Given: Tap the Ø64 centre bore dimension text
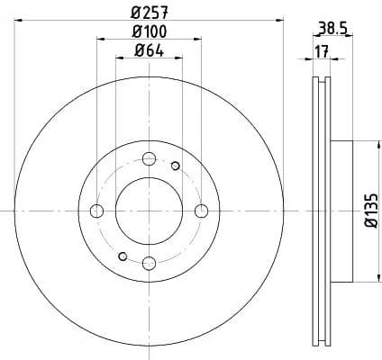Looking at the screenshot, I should pyautogui.click(x=150, y=50).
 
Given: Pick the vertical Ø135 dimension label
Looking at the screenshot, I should pyautogui.click(x=368, y=210).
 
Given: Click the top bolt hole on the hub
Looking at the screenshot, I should pyautogui.click(x=150, y=159).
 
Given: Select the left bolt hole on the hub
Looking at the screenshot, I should pyautogui.click(x=98, y=211).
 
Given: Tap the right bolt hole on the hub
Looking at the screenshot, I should pyautogui.click(x=201, y=211).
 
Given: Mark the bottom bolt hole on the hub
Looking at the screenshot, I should pyautogui.click(x=150, y=262).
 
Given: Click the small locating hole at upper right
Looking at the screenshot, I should pyautogui.click(x=176, y=165).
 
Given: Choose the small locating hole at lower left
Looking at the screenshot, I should pyautogui.click(x=123, y=256).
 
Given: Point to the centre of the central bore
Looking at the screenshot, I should pyautogui.click(x=150, y=211).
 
